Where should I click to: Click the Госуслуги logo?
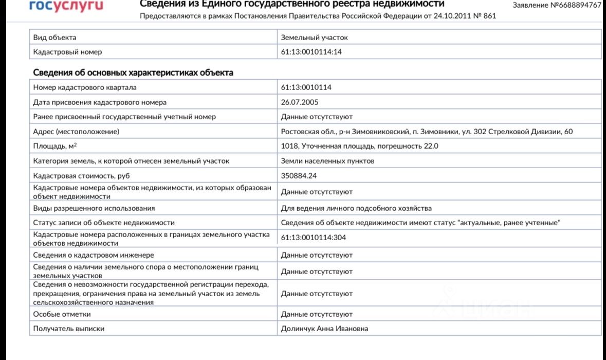pyautogui.click(x=66, y=6)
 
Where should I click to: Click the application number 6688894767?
pyautogui.click(x=557, y=5)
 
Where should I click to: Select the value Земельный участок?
pyautogui.click(x=314, y=38)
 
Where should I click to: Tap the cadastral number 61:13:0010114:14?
pyautogui.click(x=311, y=52)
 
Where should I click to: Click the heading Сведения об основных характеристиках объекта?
pyautogui.click(x=133, y=73)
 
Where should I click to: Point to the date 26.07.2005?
pyautogui.click(x=300, y=102)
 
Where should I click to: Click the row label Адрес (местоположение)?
pyautogui.click(x=76, y=132)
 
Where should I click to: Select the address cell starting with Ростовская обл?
pyautogui.click(x=427, y=132)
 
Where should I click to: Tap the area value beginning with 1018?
pyautogui.click(x=359, y=146)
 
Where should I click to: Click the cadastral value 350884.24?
pyautogui.click(x=299, y=175)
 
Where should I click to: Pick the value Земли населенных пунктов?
pyautogui.click(x=327, y=161)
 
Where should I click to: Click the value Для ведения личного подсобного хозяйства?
pyautogui.click(x=356, y=208)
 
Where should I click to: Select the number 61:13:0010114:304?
pyautogui.click(x=313, y=238)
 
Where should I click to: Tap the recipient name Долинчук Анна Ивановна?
pyautogui.click(x=324, y=329)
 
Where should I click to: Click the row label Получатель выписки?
pyautogui.click(x=69, y=329)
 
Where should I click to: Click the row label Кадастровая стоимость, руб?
pyautogui.click(x=82, y=175)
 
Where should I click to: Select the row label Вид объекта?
pyautogui.click(x=55, y=38)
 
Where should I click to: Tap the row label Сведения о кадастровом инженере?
pyautogui.click(x=94, y=255)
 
